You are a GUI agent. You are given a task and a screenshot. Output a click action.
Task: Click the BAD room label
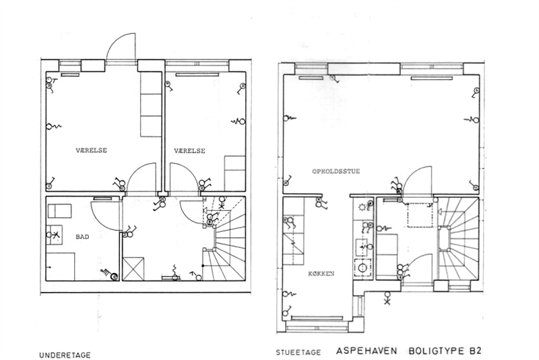[82, 237]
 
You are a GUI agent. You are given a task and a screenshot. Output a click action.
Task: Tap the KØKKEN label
[321, 274]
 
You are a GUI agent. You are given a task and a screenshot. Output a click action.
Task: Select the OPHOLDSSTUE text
[336, 171]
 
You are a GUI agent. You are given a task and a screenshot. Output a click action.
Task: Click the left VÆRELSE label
[91, 150]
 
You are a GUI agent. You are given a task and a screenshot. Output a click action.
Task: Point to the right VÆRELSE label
[189, 150]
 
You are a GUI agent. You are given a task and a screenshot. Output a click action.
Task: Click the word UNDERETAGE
[65, 355]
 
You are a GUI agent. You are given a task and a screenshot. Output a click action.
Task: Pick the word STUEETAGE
[298, 353]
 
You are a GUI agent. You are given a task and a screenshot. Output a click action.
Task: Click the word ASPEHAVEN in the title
[367, 351]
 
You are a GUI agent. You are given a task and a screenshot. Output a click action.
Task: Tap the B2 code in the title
[475, 351]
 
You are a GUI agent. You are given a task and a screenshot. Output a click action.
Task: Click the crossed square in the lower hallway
[133, 268]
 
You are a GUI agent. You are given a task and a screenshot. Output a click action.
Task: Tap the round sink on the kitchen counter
[362, 268]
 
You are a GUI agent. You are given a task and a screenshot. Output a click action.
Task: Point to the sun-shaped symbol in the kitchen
[362, 207]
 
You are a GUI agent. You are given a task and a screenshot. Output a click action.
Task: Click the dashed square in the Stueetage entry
[420, 215]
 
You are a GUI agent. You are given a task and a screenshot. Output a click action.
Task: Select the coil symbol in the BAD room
[106, 272]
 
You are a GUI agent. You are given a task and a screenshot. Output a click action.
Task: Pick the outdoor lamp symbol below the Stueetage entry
[388, 298]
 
